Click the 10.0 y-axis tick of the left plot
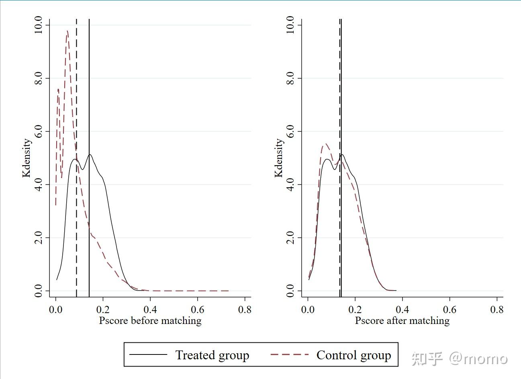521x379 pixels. [x=39, y=25]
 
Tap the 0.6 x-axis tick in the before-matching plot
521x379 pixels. [x=198, y=310]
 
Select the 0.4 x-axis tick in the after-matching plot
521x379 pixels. [x=402, y=310]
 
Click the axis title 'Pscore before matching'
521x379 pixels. [x=150, y=321]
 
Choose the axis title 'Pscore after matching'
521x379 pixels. [x=402, y=321]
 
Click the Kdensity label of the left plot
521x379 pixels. [x=27, y=158]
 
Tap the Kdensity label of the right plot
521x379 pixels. [x=278, y=158]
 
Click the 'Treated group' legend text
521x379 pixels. [x=212, y=355]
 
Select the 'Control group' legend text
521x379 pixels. [x=353, y=355]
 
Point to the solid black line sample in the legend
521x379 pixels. [x=148, y=354]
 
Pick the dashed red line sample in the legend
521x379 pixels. [x=289, y=354]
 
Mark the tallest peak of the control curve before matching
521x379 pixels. [x=67, y=31]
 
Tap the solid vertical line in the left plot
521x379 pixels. [x=89, y=100]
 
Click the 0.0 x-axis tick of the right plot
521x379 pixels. [x=308, y=310]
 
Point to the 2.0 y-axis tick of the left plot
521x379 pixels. [x=39, y=238]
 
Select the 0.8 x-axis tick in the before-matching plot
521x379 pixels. [x=245, y=310]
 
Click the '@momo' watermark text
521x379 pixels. [x=478, y=358]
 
